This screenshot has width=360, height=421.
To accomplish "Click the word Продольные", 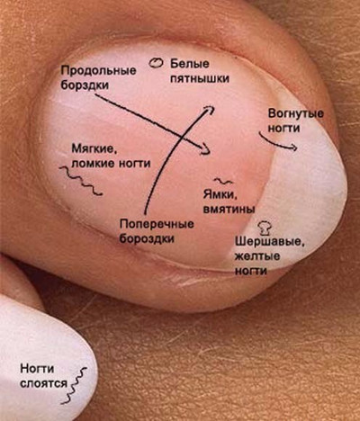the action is click(98, 71).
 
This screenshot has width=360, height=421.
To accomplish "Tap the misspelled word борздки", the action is click(85, 85).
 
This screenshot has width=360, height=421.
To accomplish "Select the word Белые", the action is click(190, 64).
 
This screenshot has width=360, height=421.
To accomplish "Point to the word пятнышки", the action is click(200, 78).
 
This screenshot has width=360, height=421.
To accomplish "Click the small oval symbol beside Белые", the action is click(156, 63).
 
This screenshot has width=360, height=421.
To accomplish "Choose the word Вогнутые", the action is click(295, 114).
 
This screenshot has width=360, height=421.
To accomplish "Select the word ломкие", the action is click(93, 164).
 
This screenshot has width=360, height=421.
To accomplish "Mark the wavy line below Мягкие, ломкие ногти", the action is click(80, 181).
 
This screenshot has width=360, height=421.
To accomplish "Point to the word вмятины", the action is click(229, 209).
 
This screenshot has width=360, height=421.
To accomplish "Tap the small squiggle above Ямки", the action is click(223, 181).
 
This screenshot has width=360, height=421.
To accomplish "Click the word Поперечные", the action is click(157, 224).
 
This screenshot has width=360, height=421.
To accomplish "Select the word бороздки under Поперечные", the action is click(147, 238).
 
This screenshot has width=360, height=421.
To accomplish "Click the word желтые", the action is click(257, 256).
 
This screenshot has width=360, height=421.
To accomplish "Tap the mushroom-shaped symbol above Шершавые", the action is click(265, 228).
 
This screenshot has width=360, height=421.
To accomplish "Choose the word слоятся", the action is click(44, 383).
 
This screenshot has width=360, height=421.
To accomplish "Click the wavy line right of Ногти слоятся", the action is click(74, 385).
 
